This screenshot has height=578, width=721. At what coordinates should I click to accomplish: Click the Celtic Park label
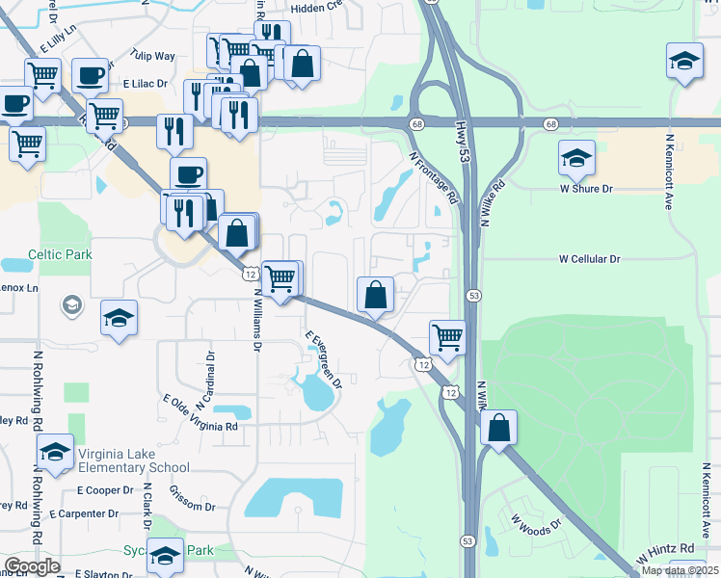point(60,254)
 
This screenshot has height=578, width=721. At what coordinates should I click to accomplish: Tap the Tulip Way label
point(153,57)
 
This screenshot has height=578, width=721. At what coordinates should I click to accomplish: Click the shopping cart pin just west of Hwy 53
point(447,337)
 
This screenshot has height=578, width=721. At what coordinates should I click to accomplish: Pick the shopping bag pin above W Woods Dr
point(498,427)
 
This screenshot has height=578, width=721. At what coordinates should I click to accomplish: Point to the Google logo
point(32,566)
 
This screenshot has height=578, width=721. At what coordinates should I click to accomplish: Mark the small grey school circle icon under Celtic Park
point(69,306)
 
